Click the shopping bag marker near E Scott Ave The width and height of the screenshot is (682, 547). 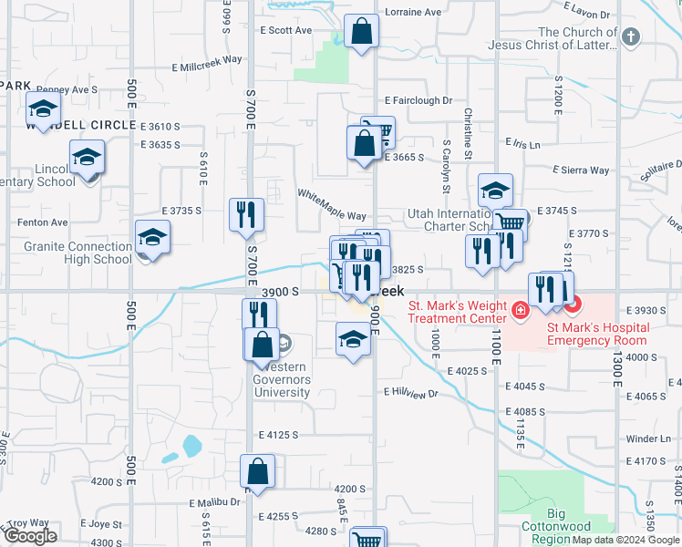click(x=362, y=30)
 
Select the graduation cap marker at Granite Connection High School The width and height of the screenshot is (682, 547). click(x=152, y=238)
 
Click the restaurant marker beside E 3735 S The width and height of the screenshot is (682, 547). click(x=246, y=215)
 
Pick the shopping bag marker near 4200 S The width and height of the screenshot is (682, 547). click(x=258, y=471)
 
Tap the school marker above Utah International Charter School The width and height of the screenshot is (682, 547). click(x=495, y=191)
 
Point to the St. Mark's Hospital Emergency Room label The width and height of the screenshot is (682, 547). click(x=597, y=334)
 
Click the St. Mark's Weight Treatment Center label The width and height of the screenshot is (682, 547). click(x=456, y=312)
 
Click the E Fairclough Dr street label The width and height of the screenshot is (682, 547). click(x=418, y=100)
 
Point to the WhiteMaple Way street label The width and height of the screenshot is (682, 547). click(x=332, y=202)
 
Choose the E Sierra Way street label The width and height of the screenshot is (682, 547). click(x=581, y=170)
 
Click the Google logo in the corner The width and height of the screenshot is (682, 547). click(x=30, y=536)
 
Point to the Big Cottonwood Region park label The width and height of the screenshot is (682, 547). click(x=556, y=532)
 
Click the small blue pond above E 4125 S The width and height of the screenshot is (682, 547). click(x=191, y=446)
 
